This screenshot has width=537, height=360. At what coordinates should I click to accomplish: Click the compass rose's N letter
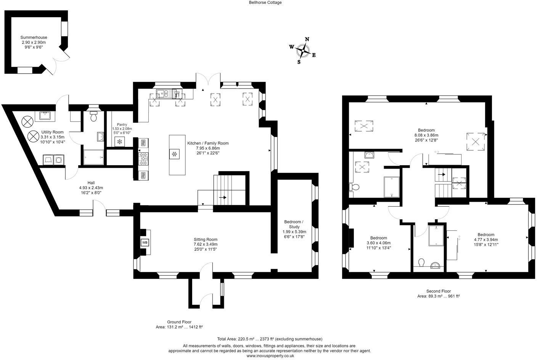tap(307, 39)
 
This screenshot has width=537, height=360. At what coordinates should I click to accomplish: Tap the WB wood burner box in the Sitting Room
tap(145, 243)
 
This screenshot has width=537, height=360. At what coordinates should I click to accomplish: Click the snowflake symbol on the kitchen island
tap(174, 154)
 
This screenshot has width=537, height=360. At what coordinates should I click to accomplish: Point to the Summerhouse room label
tap(34, 37)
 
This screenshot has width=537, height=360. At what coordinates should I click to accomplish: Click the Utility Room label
tap(53, 132)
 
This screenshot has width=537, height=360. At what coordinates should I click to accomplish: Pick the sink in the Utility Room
tap(45, 115)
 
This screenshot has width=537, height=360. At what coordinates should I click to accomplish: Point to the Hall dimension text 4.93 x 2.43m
tap(91, 188)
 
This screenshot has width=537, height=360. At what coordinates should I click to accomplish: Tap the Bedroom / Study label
tap(294, 224)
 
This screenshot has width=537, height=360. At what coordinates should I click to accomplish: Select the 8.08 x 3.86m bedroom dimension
tap(426, 135)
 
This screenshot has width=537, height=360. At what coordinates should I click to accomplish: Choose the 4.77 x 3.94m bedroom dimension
tap(486, 239)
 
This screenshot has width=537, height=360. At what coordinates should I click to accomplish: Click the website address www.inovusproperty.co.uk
tap(270, 355)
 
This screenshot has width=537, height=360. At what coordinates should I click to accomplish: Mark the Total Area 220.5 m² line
tap(270, 339)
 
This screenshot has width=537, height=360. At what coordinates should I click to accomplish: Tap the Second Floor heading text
tap(438, 291)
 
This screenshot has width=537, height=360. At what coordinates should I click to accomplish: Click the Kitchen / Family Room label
tap(208, 143)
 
